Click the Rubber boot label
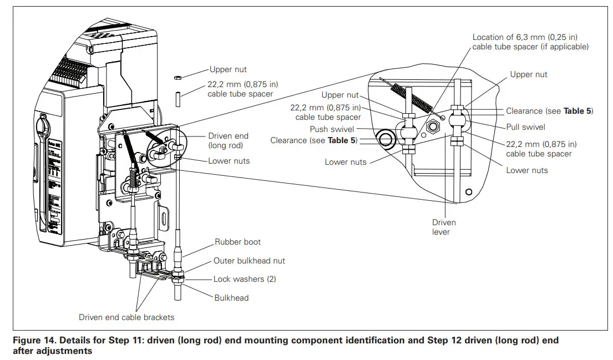(237, 242)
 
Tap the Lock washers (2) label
(244, 279)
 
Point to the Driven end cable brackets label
(126, 317)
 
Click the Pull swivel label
(525, 127)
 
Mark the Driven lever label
(444, 227)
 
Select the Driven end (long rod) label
(228, 140)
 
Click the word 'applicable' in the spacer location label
(567, 47)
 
